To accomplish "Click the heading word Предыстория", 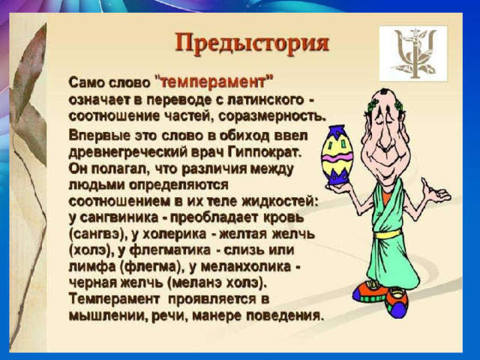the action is pos(252,43).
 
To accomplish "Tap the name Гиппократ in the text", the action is pos(265,152).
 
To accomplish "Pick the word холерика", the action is pos(175,234).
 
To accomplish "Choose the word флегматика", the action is pos(170,250).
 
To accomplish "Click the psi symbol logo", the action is pos(413,53).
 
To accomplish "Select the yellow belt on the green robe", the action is pos(388,234).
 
